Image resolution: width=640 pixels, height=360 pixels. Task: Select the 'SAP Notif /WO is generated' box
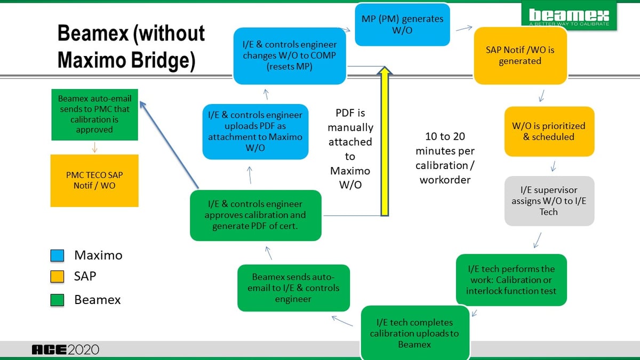pyautogui.click(x=520, y=56)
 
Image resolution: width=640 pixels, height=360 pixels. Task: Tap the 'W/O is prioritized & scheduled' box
pyautogui.click(x=549, y=131)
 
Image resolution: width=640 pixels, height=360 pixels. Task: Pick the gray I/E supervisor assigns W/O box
pyautogui.click(x=549, y=201)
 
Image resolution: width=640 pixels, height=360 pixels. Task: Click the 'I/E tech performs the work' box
pyautogui.click(x=511, y=279)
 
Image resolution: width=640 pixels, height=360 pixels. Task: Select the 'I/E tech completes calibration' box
pyautogui.click(x=414, y=333)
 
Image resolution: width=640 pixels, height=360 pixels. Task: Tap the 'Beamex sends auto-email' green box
pyautogui.click(x=293, y=288)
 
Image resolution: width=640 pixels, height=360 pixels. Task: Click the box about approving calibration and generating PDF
pyautogui.click(x=255, y=215)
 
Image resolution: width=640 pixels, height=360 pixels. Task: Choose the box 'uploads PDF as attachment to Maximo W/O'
pyautogui.click(x=255, y=132)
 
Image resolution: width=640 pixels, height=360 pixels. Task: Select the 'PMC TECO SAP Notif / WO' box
pyautogui.click(x=94, y=180)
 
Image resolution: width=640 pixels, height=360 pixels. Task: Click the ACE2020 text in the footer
pyautogui.click(x=66, y=350)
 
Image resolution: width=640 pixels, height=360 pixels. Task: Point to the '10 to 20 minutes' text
pyautogui.click(x=445, y=158)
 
